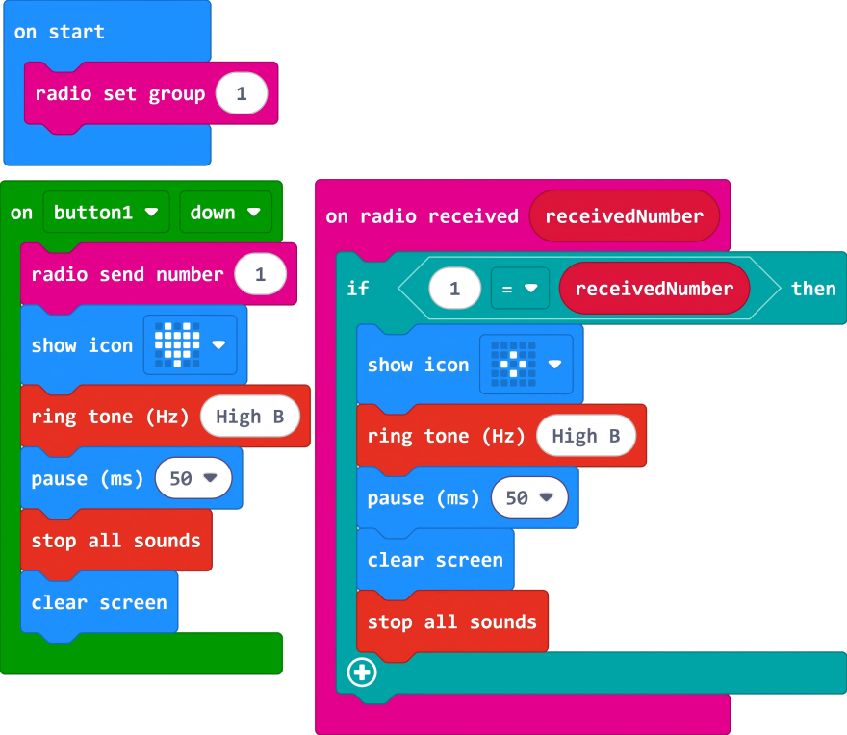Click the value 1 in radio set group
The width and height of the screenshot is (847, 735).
[242, 93]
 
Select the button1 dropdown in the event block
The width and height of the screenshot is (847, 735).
[106, 213]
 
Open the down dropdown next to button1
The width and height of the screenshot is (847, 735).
[225, 213]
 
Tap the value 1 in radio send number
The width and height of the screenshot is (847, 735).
[260, 274]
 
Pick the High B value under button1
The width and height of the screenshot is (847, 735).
[249, 417]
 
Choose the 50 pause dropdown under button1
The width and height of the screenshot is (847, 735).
[193, 478]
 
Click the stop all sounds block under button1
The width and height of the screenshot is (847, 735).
[115, 541]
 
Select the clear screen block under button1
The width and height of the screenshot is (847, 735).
[99, 603]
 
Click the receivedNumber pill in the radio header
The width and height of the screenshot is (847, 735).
[624, 216]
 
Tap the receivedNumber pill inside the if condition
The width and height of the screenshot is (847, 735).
[654, 289]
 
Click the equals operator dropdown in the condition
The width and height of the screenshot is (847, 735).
[520, 289]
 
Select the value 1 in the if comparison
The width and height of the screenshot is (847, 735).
[454, 289]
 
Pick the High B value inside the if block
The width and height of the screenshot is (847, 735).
[585, 436]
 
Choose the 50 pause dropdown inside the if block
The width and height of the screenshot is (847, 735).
[529, 497]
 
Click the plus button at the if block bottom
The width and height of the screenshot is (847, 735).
[362, 672]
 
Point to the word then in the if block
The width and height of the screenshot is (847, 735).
[813, 289]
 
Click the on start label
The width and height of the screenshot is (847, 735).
[59, 32]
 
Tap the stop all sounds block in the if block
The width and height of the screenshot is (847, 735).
[451, 621]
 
